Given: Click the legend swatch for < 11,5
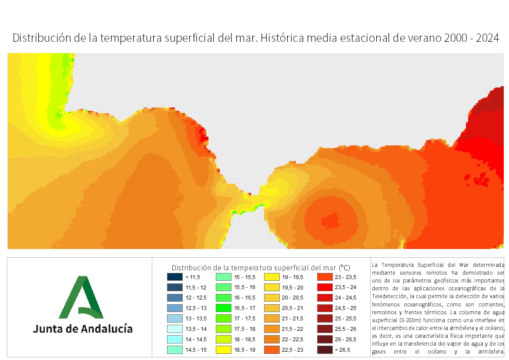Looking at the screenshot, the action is tap(174, 277).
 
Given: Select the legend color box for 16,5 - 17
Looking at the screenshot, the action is tap(223, 308).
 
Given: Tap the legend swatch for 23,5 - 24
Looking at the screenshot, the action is tap(325, 287).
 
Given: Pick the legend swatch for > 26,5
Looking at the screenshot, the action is tap(325, 350).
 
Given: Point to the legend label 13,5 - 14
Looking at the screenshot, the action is tap(196, 329).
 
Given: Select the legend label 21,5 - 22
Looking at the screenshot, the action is tap(292, 329).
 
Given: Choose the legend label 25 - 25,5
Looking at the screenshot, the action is tap(345, 319).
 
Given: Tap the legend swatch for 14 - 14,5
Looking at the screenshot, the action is tap(174, 339).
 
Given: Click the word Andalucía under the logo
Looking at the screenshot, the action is tap(107, 329).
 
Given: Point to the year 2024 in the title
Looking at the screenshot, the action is tap(488, 38).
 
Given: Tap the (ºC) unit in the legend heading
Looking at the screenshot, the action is tap(345, 268).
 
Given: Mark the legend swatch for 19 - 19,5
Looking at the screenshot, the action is tap(272, 277).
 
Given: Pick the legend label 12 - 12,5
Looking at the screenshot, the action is tap(196, 298).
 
